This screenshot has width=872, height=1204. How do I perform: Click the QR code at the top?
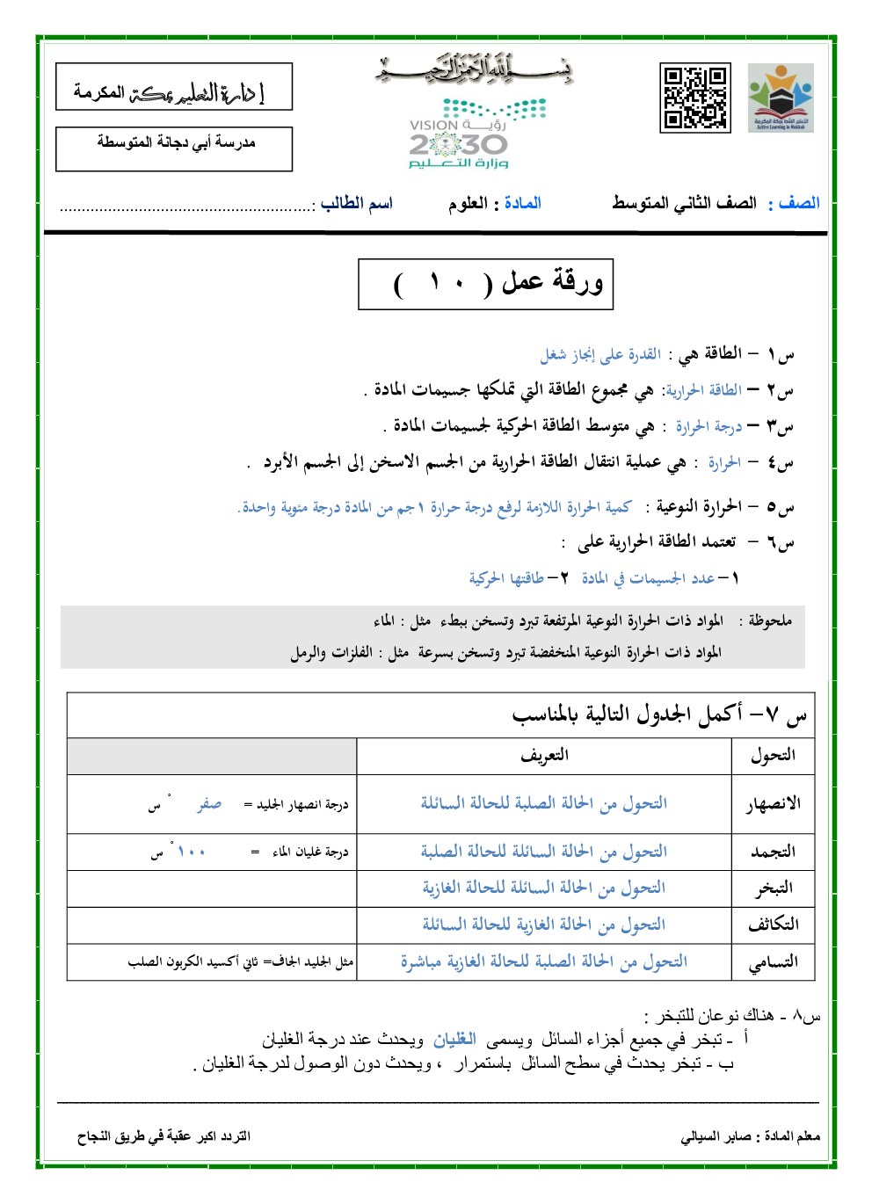(x=694, y=98)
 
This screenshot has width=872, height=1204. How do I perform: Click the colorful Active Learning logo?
(x=781, y=98)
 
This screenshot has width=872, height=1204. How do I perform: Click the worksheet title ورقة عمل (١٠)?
(x=485, y=284)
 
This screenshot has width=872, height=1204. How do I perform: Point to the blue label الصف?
(x=799, y=203)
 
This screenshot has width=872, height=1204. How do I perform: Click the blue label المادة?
(x=522, y=203)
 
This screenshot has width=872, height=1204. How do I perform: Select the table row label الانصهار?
(x=773, y=803)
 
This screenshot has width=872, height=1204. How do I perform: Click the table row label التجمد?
(x=773, y=852)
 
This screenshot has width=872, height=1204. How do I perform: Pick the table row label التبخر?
(x=773, y=888)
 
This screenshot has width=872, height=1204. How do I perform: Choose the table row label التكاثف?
(x=773, y=925)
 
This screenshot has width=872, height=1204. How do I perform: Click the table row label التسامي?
(x=773, y=961)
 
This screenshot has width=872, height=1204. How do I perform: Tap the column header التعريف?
(x=544, y=755)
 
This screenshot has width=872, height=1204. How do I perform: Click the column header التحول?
(x=773, y=755)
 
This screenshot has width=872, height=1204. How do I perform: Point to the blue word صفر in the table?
(x=209, y=804)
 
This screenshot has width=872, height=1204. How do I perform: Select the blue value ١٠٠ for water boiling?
(x=191, y=852)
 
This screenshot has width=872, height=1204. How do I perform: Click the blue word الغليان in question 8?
(x=454, y=1040)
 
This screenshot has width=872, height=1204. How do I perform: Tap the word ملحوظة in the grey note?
(x=770, y=620)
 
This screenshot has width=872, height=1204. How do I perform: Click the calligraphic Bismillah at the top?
(x=475, y=69)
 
